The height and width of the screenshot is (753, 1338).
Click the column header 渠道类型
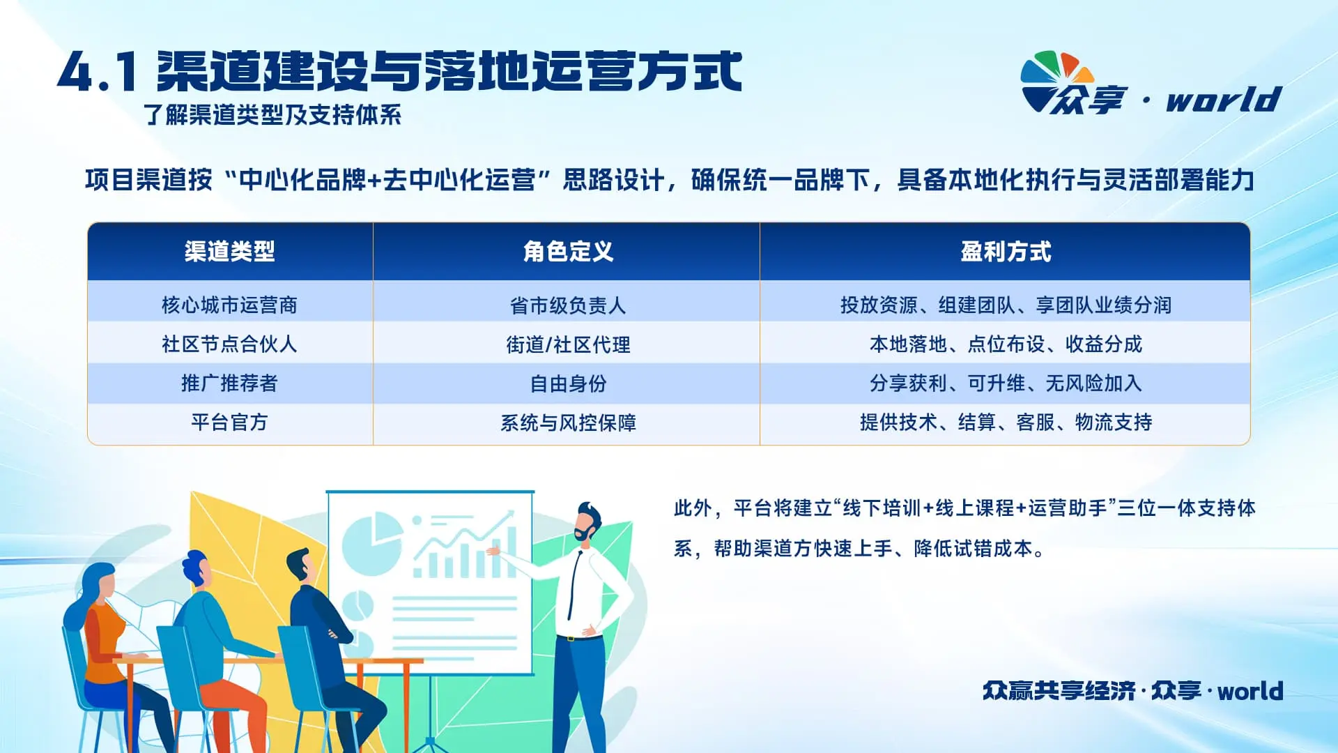pyautogui.click(x=229, y=252)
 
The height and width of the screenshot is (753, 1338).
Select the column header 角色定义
pyautogui.click(x=568, y=252)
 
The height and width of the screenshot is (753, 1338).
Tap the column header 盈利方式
pyautogui.click(x=1006, y=252)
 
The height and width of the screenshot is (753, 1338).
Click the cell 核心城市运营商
pyautogui.click(x=229, y=305)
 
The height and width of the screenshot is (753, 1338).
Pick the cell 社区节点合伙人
pyautogui.click(x=229, y=344)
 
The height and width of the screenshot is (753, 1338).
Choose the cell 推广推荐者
pyautogui.click(x=229, y=383)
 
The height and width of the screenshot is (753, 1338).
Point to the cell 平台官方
pyautogui.click(x=229, y=422)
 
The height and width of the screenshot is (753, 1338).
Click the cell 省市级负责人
pyautogui.click(x=568, y=305)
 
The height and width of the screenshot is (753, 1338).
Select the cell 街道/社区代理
pyautogui.click(x=568, y=344)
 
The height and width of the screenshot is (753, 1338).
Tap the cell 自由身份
pyautogui.click(x=568, y=383)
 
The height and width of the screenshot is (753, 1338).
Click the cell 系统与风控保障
pyautogui.click(x=568, y=423)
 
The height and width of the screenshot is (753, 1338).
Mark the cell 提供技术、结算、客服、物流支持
pyautogui.click(x=1006, y=422)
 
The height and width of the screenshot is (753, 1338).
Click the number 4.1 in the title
pyautogui.click(x=97, y=73)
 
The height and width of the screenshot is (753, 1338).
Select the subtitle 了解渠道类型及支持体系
pyautogui.click(x=272, y=115)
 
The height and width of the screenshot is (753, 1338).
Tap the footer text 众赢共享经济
pyautogui.click(x=1059, y=690)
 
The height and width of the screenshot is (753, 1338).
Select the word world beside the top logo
pyautogui.click(x=1224, y=100)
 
